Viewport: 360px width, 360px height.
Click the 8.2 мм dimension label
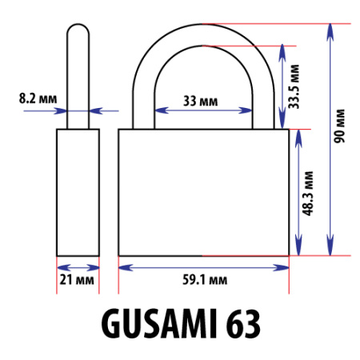(38, 98)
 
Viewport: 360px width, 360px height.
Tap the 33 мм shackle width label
(200, 101)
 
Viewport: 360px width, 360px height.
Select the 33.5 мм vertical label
(294, 86)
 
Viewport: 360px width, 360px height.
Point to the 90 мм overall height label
(339, 126)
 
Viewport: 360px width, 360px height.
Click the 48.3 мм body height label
(307, 194)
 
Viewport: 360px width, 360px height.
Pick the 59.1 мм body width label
(205, 280)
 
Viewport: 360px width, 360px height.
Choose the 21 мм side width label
(77, 280)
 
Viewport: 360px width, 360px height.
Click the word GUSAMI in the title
(159, 323)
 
